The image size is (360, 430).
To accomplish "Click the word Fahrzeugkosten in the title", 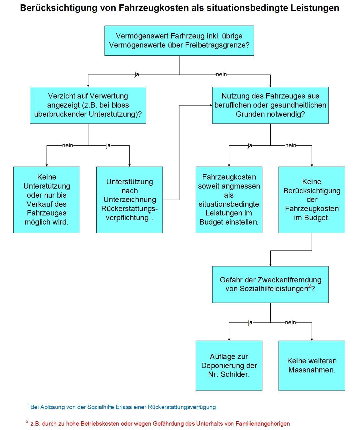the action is pyautogui.click(x=154, y=8).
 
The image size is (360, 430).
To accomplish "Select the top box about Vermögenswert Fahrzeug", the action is pyautogui.click(x=179, y=41).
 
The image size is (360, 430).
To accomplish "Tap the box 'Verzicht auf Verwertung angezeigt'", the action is pyautogui.click(x=88, y=105).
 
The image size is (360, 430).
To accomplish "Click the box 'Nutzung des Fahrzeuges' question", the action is pyautogui.click(x=270, y=105).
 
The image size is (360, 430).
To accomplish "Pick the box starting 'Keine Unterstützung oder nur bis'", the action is pyautogui.click(x=47, y=200).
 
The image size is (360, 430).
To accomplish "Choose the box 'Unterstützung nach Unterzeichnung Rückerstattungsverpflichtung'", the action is pyautogui.click(x=129, y=200).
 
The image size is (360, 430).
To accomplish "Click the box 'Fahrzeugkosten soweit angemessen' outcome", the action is pyautogui.click(x=229, y=200).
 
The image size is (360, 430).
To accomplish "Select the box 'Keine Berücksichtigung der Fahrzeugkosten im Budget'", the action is pyautogui.click(x=312, y=200).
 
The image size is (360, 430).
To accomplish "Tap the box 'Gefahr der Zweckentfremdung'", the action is pyautogui.click(x=270, y=284).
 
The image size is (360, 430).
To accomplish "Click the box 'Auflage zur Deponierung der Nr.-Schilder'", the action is pyautogui.click(x=229, y=366).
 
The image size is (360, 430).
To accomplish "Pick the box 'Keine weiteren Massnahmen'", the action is pyautogui.click(x=312, y=366).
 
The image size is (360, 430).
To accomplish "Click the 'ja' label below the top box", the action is pyautogui.click(x=137, y=74).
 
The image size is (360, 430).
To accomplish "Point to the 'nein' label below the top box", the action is pyautogui.click(x=221, y=74).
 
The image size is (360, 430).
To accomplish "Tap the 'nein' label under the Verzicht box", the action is pyautogui.click(x=67, y=145).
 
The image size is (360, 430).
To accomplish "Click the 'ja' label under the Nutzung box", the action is pyautogui.click(x=250, y=146).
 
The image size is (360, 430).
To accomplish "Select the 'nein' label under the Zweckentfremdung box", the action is pyautogui.click(x=290, y=322).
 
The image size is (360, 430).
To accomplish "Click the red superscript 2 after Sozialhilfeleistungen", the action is pyautogui.click(x=310, y=286).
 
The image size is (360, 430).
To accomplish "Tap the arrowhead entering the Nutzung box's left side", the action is pyautogui.click(x=211, y=105).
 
